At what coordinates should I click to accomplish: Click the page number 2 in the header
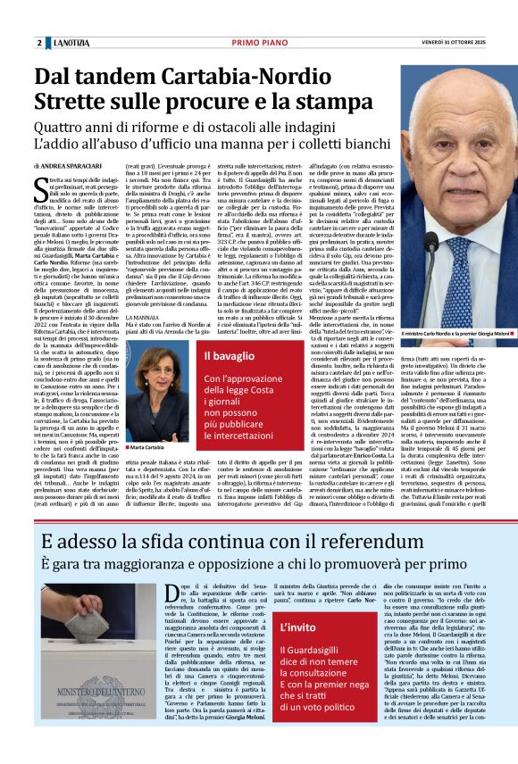click(39, 43)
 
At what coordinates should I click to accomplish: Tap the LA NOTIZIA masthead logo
click(70, 43)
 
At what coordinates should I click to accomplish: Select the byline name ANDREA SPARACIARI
click(77, 167)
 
